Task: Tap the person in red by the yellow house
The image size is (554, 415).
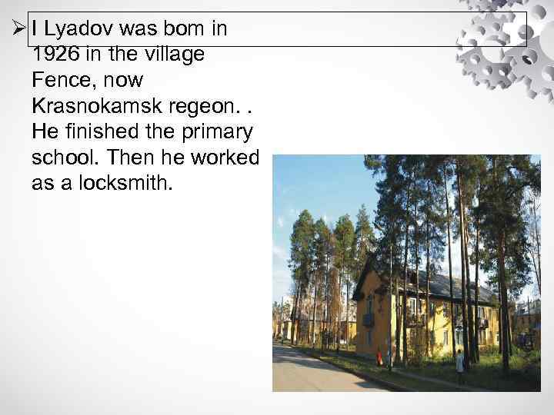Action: [379, 357]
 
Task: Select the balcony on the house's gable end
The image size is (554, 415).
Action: [369, 319]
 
